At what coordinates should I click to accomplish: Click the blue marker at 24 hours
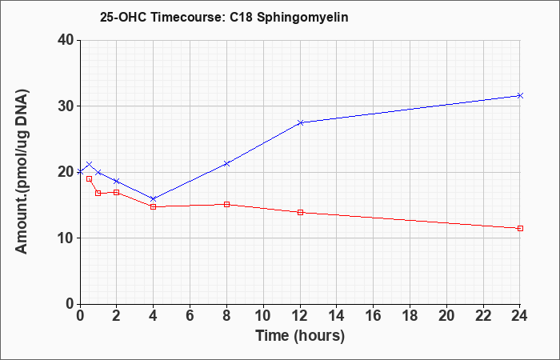coord(520,95)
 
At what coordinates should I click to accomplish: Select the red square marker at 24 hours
coord(520,228)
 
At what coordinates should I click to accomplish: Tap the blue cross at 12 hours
coord(300,122)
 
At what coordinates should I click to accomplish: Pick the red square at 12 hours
coord(300,212)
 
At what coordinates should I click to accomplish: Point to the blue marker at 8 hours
coord(226,163)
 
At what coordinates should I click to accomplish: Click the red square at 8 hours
coord(226,204)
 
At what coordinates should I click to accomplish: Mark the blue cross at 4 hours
coord(154,198)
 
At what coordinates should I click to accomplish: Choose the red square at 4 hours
coord(154,206)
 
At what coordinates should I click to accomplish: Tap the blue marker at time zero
coord(80,172)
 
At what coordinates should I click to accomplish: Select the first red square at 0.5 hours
coord(90,178)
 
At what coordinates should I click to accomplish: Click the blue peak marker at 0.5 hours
coord(90,164)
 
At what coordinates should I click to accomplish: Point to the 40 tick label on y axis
coord(66,40)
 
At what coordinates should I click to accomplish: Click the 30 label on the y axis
coord(66,106)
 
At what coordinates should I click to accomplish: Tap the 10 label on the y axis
coord(66,238)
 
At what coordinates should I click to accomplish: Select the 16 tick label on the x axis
coord(374,315)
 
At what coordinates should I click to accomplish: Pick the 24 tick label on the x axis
coord(520,315)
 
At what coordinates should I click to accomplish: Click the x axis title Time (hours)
coord(300,336)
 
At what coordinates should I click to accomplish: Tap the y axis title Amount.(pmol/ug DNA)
coord(22,172)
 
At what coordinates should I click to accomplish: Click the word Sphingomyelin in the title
coord(302,18)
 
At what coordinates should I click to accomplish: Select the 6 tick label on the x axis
coord(190,315)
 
